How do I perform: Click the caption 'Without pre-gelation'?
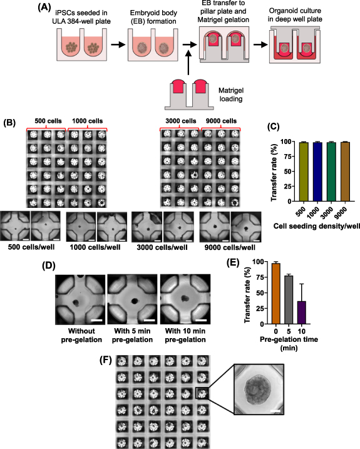79,331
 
